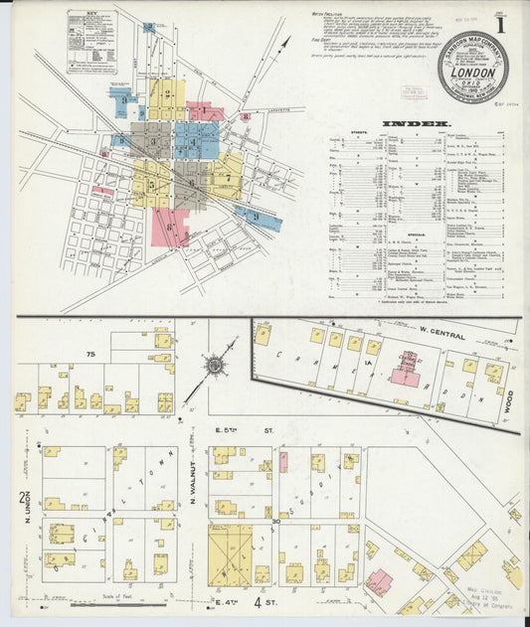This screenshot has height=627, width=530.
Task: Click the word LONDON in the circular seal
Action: pos(472,73)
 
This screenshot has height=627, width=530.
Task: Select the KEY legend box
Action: pos(91,43)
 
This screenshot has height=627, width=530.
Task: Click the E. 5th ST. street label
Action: pos(235,431)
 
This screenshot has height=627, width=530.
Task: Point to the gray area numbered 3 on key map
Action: pos(152,140)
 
